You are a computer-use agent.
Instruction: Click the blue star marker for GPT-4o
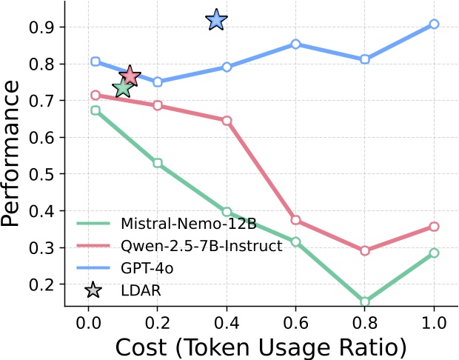click(x=216, y=20)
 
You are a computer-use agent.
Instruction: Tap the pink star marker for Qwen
click(x=130, y=75)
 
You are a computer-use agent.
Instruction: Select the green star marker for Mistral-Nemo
click(x=123, y=88)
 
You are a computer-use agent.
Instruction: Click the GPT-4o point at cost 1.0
click(x=434, y=24)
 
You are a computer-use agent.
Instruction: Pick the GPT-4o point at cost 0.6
click(x=295, y=44)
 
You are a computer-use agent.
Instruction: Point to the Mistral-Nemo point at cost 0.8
click(x=365, y=301)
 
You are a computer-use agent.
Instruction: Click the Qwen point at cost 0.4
click(x=227, y=120)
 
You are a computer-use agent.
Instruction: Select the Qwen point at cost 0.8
click(x=365, y=251)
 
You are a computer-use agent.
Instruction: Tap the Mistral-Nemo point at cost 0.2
click(x=158, y=163)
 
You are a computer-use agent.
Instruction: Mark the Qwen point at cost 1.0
click(x=434, y=227)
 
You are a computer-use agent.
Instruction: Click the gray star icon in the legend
click(x=93, y=290)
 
